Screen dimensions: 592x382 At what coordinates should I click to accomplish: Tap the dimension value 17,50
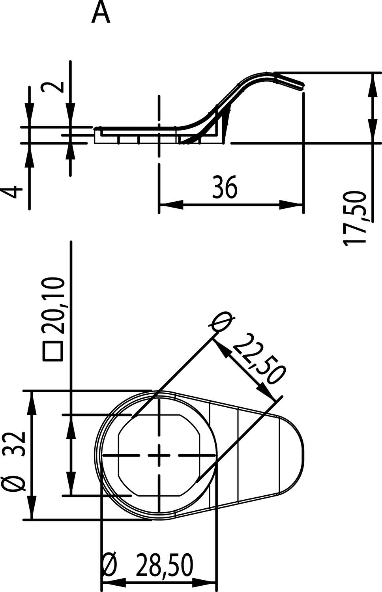click(355, 218)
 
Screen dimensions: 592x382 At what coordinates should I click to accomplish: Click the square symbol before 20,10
click(53, 350)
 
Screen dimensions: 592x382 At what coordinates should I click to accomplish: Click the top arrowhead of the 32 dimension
click(31, 403)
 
